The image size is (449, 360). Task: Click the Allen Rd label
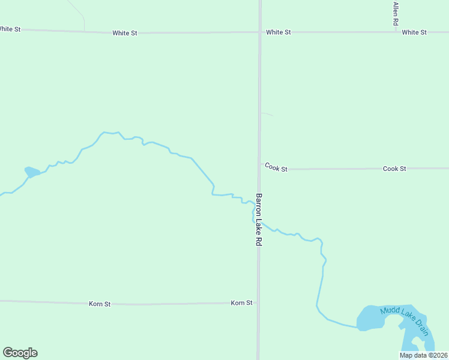[x=396, y=13]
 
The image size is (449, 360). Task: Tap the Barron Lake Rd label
[x=259, y=219]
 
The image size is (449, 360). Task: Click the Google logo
[x=20, y=353]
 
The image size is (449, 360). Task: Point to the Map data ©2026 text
[x=424, y=355]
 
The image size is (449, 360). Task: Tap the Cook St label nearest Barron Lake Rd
[x=276, y=168]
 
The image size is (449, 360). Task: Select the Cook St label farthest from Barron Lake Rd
[x=394, y=169]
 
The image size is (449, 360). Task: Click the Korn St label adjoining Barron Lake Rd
[x=241, y=303]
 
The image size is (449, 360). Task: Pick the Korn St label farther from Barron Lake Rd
[x=100, y=304]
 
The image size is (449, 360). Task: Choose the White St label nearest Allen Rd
[x=414, y=32]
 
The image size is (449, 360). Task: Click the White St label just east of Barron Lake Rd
[x=279, y=32]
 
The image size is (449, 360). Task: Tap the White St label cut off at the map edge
[x=10, y=29]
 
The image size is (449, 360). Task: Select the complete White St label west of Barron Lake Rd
[x=125, y=33]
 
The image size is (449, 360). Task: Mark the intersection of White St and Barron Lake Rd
[x=260, y=32]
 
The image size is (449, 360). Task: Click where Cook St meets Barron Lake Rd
[x=259, y=169]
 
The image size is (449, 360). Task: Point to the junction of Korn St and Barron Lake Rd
[x=258, y=303]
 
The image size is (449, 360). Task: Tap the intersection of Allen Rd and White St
[x=396, y=32]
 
